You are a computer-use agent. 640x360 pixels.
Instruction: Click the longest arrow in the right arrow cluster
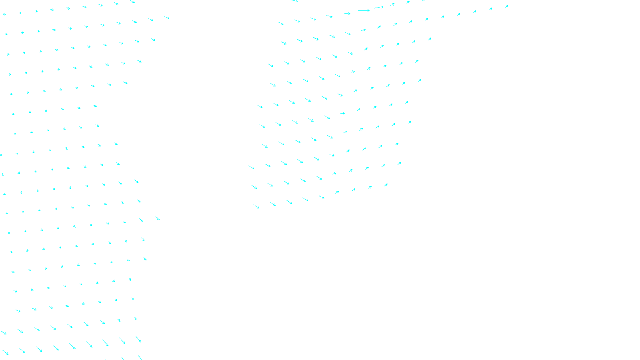tap(364, 11)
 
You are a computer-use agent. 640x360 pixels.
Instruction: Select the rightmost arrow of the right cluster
tap(506, 6)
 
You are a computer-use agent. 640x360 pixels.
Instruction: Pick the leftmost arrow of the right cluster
tap(251, 167)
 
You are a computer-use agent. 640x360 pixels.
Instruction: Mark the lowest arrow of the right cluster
tap(256, 206)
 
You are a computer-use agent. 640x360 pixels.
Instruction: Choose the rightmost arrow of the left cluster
tap(166, 18)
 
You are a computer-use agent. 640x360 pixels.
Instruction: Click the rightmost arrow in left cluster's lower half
tap(158, 218)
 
